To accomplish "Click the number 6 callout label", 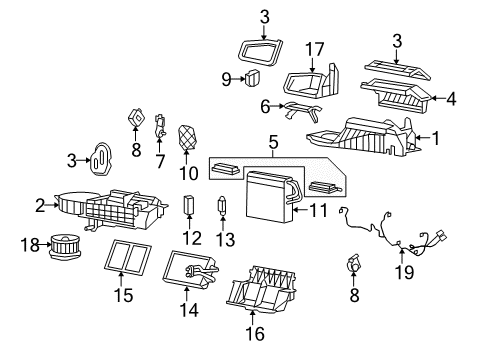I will tap(264, 107).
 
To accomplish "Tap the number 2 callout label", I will tap(41, 206).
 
